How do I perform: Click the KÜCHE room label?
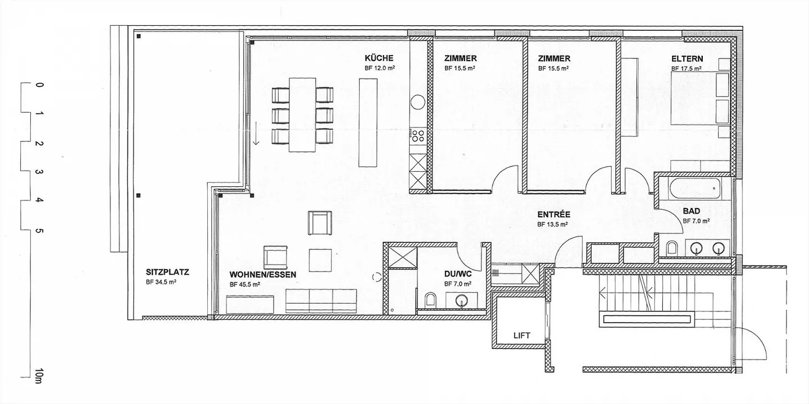pyautogui.click(x=379, y=58)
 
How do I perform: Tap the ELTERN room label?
pyautogui.click(x=687, y=59)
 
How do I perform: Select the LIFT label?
pyautogui.click(x=522, y=336)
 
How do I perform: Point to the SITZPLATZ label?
pyautogui.click(x=167, y=272)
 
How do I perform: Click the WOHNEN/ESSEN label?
pyautogui.click(x=263, y=274)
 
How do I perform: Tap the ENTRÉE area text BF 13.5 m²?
pyautogui.click(x=553, y=224)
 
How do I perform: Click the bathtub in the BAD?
pyautogui.click(x=694, y=188)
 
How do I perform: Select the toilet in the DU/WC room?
pyautogui.click(x=430, y=301)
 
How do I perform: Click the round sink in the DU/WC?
pyautogui.click(x=462, y=301)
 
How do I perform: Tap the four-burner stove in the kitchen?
pyautogui.click(x=418, y=136)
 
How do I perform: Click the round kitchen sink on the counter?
pyautogui.click(x=418, y=102)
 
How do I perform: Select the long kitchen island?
pyautogui.click(x=367, y=123)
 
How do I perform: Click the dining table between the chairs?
pyautogui.click(x=302, y=114)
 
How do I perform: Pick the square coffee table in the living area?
pyautogui.click(x=320, y=260)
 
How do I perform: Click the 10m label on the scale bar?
pyautogui.click(x=39, y=376)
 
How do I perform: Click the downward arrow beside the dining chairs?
pyautogui.click(x=256, y=133)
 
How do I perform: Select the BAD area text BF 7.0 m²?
pyautogui.click(x=696, y=221)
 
